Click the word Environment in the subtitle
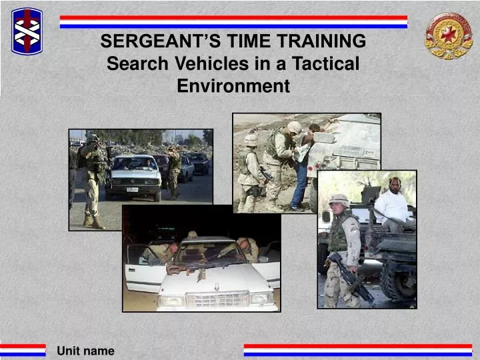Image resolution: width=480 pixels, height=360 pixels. point(233,87)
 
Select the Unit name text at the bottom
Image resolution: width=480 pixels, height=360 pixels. point(85,351)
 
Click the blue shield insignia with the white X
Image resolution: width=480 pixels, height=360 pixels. point(27,31)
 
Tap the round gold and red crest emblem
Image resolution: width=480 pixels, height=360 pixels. point(449,35)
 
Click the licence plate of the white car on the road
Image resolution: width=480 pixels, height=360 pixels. point(132,189)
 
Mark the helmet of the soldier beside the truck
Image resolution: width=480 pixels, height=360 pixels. point(339,200)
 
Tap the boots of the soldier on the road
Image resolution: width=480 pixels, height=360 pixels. point(93,221)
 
